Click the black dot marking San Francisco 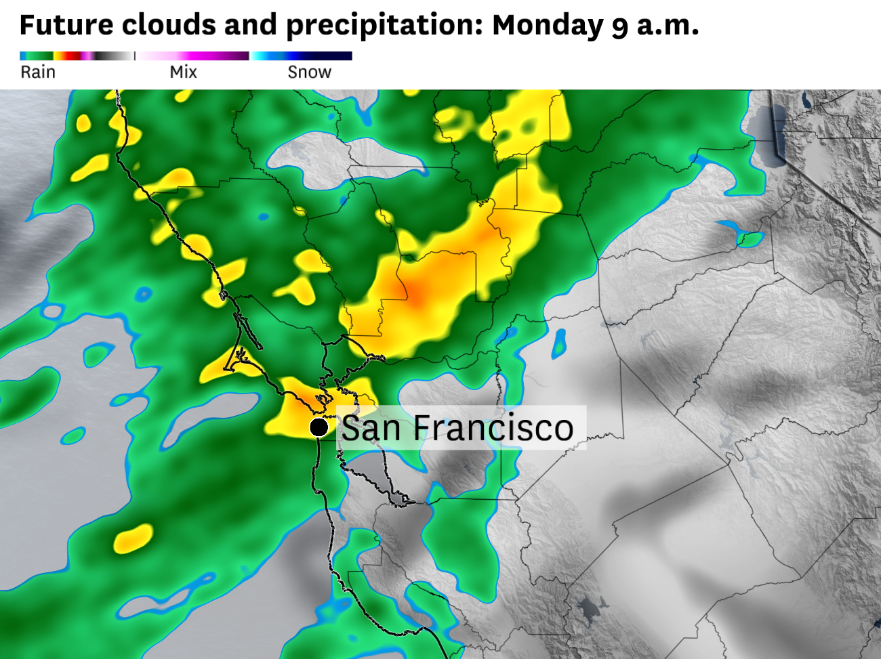(319, 427)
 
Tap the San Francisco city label (457, 428)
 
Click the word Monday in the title (548, 26)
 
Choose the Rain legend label (38, 72)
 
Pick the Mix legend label (183, 72)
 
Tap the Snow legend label (309, 72)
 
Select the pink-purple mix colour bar (192, 56)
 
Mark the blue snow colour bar (302, 56)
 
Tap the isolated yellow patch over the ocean (133, 538)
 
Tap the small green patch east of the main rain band (750, 238)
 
